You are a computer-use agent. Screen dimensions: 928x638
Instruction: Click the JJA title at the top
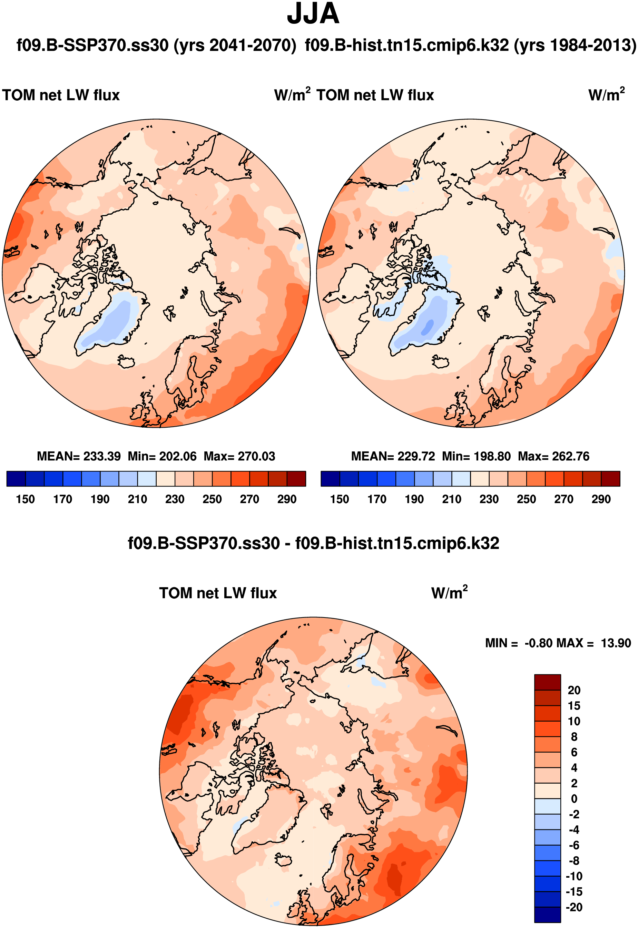[313, 14]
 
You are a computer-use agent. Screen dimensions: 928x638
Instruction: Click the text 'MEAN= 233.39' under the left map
[79, 456]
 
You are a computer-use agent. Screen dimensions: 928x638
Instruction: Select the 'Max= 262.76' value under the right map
[554, 456]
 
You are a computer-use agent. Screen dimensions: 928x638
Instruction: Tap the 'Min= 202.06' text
[162, 456]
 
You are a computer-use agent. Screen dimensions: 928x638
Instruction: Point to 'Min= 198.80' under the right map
[476, 456]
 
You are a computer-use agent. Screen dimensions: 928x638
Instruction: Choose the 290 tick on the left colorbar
[287, 499]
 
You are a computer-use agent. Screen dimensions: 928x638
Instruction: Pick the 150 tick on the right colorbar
[340, 499]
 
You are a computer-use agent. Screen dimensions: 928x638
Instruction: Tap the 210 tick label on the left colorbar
[137, 499]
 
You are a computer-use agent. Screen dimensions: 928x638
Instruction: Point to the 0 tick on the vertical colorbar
[574, 799]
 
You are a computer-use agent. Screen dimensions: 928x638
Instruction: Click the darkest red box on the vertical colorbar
[547, 682]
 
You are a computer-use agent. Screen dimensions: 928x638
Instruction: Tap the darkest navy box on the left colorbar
[16, 478]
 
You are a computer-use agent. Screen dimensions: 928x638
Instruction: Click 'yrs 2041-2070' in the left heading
[235, 45]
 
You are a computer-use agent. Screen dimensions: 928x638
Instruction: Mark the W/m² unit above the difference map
[449, 593]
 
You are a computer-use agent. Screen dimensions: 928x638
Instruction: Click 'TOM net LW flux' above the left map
[61, 95]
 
